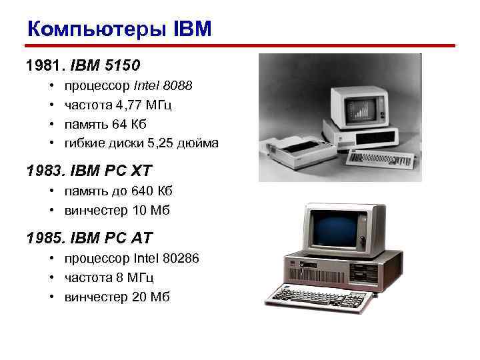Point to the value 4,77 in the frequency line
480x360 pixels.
[129, 105]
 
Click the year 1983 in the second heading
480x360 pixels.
[41, 171]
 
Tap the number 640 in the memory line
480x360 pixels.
[144, 191]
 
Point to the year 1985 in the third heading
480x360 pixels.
[41, 238]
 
